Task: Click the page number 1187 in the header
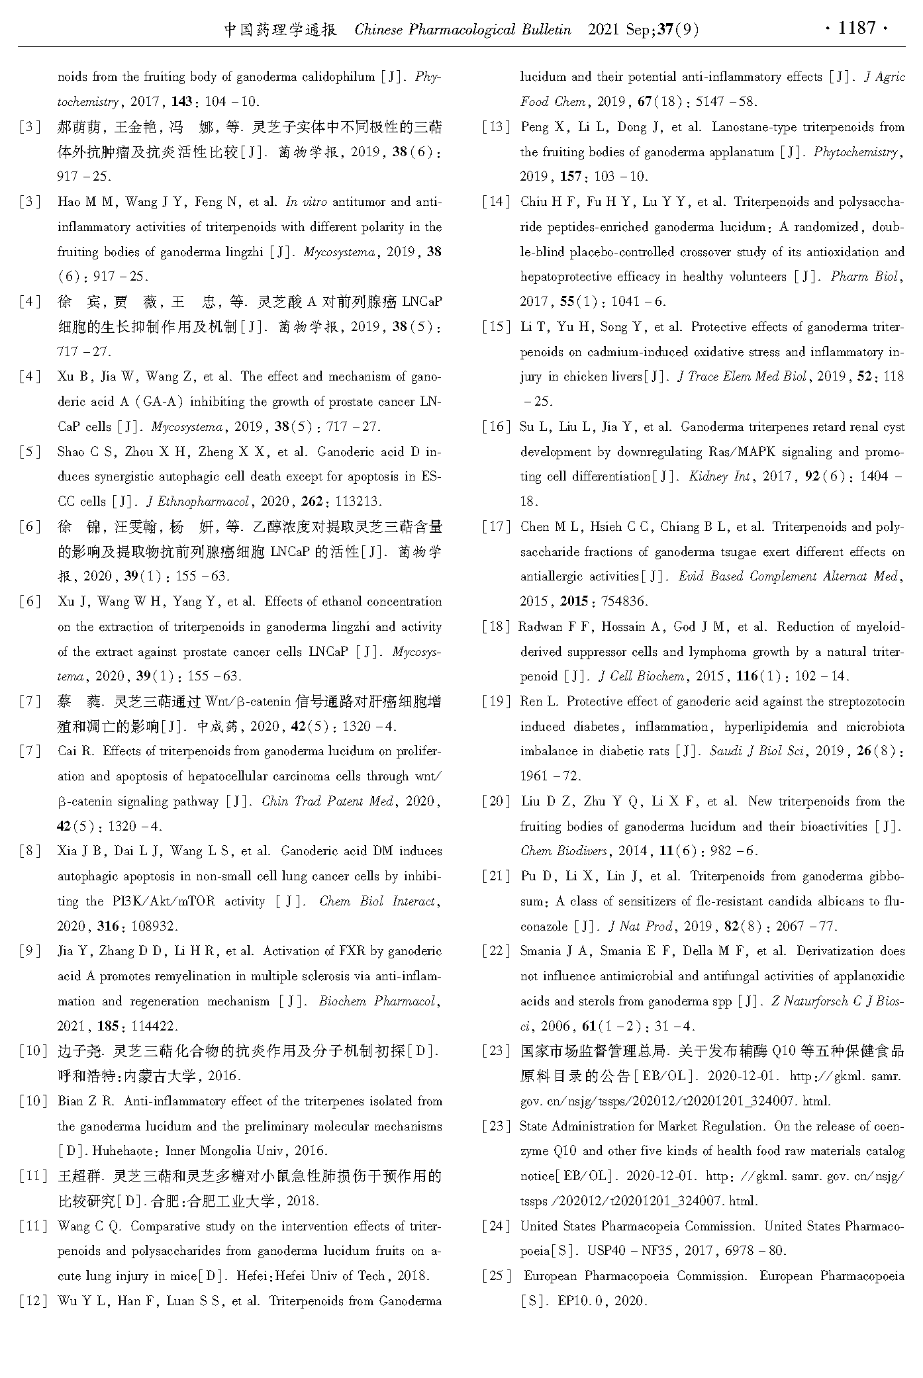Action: point(857,28)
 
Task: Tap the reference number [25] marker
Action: point(496,1276)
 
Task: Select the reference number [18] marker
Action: point(496,627)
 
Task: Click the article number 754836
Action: point(622,602)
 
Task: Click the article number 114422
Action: point(155,1027)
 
